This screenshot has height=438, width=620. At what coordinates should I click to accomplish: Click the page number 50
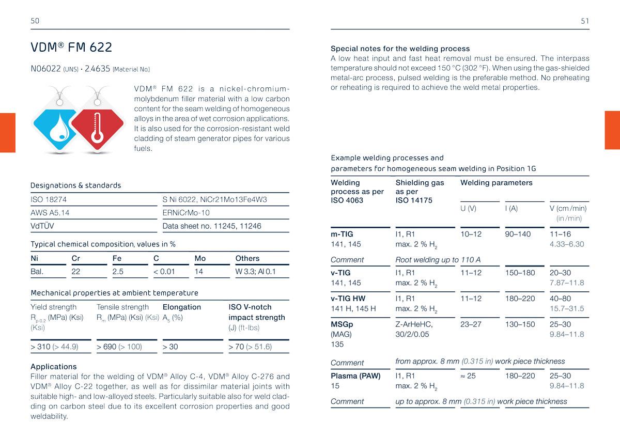pyautogui.click(x=35, y=21)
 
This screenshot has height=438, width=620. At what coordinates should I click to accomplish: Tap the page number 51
pyautogui.click(x=585, y=21)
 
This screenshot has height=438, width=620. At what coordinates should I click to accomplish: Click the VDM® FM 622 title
pyautogui.click(x=71, y=48)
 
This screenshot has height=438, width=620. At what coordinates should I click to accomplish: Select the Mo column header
pyautogui.click(x=200, y=258)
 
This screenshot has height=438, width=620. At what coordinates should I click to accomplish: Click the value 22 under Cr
pyautogui.click(x=76, y=271)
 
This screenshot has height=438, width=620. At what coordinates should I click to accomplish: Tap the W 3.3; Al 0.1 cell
pyautogui.click(x=256, y=271)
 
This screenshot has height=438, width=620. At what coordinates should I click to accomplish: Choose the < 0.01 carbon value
pyautogui.click(x=164, y=271)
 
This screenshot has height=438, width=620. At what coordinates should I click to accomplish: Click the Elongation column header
pyautogui.click(x=182, y=307)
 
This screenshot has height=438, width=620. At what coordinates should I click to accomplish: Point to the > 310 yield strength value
pyautogui.click(x=54, y=347)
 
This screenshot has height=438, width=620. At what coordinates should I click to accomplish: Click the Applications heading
pyautogui.click(x=54, y=366)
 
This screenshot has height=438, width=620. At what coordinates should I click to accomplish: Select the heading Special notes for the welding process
pyautogui.click(x=400, y=49)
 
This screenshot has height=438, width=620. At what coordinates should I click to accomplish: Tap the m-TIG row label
pyautogui.click(x=342, y=234)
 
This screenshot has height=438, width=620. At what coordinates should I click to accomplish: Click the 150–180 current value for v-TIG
pyautogui.click(x=520, y=273)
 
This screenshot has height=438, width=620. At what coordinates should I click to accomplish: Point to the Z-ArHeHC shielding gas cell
pyautogui.click(x=414, y=324)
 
